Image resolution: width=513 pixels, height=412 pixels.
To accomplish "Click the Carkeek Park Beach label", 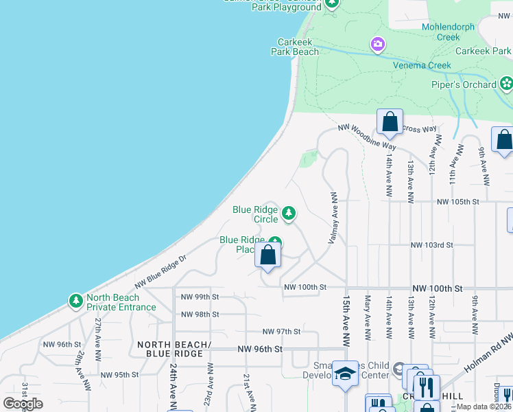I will (x=298, y=46).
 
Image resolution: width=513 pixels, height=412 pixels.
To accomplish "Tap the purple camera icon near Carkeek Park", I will (x=377, y=45).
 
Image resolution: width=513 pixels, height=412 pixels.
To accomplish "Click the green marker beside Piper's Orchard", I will (x=507, y=84).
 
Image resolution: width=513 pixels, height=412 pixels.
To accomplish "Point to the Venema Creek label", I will (x=422, y=65).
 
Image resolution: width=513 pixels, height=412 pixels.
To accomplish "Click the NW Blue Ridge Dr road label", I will (x=160, y=272).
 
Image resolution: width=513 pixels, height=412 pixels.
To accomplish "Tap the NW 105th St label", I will (x=457, y=202).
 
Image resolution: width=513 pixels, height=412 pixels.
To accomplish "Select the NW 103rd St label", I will (x=433, y=244).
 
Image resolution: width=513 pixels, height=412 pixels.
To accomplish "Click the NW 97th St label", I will (x=281, y=331).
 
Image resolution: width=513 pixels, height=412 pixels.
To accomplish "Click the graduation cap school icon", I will (x=346, y=373).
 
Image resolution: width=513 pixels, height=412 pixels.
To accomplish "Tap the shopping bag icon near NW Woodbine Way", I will (x=390, y=122).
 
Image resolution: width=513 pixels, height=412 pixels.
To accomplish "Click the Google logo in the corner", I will (x=23, y=404).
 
